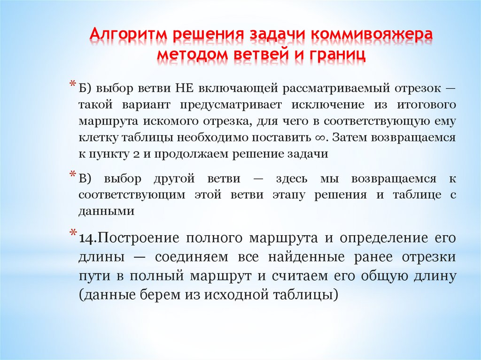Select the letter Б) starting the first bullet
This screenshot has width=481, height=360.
(85, 88)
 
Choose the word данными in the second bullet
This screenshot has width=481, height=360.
(106, 211)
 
